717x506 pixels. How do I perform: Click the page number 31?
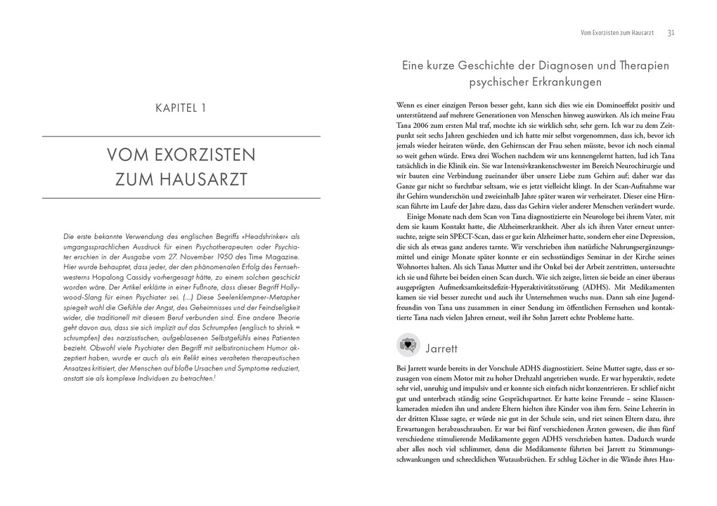[x=671, y=32]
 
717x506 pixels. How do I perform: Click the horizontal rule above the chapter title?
[x=181, y=136]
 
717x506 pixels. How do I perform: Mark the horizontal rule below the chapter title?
[x=181, y=199]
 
